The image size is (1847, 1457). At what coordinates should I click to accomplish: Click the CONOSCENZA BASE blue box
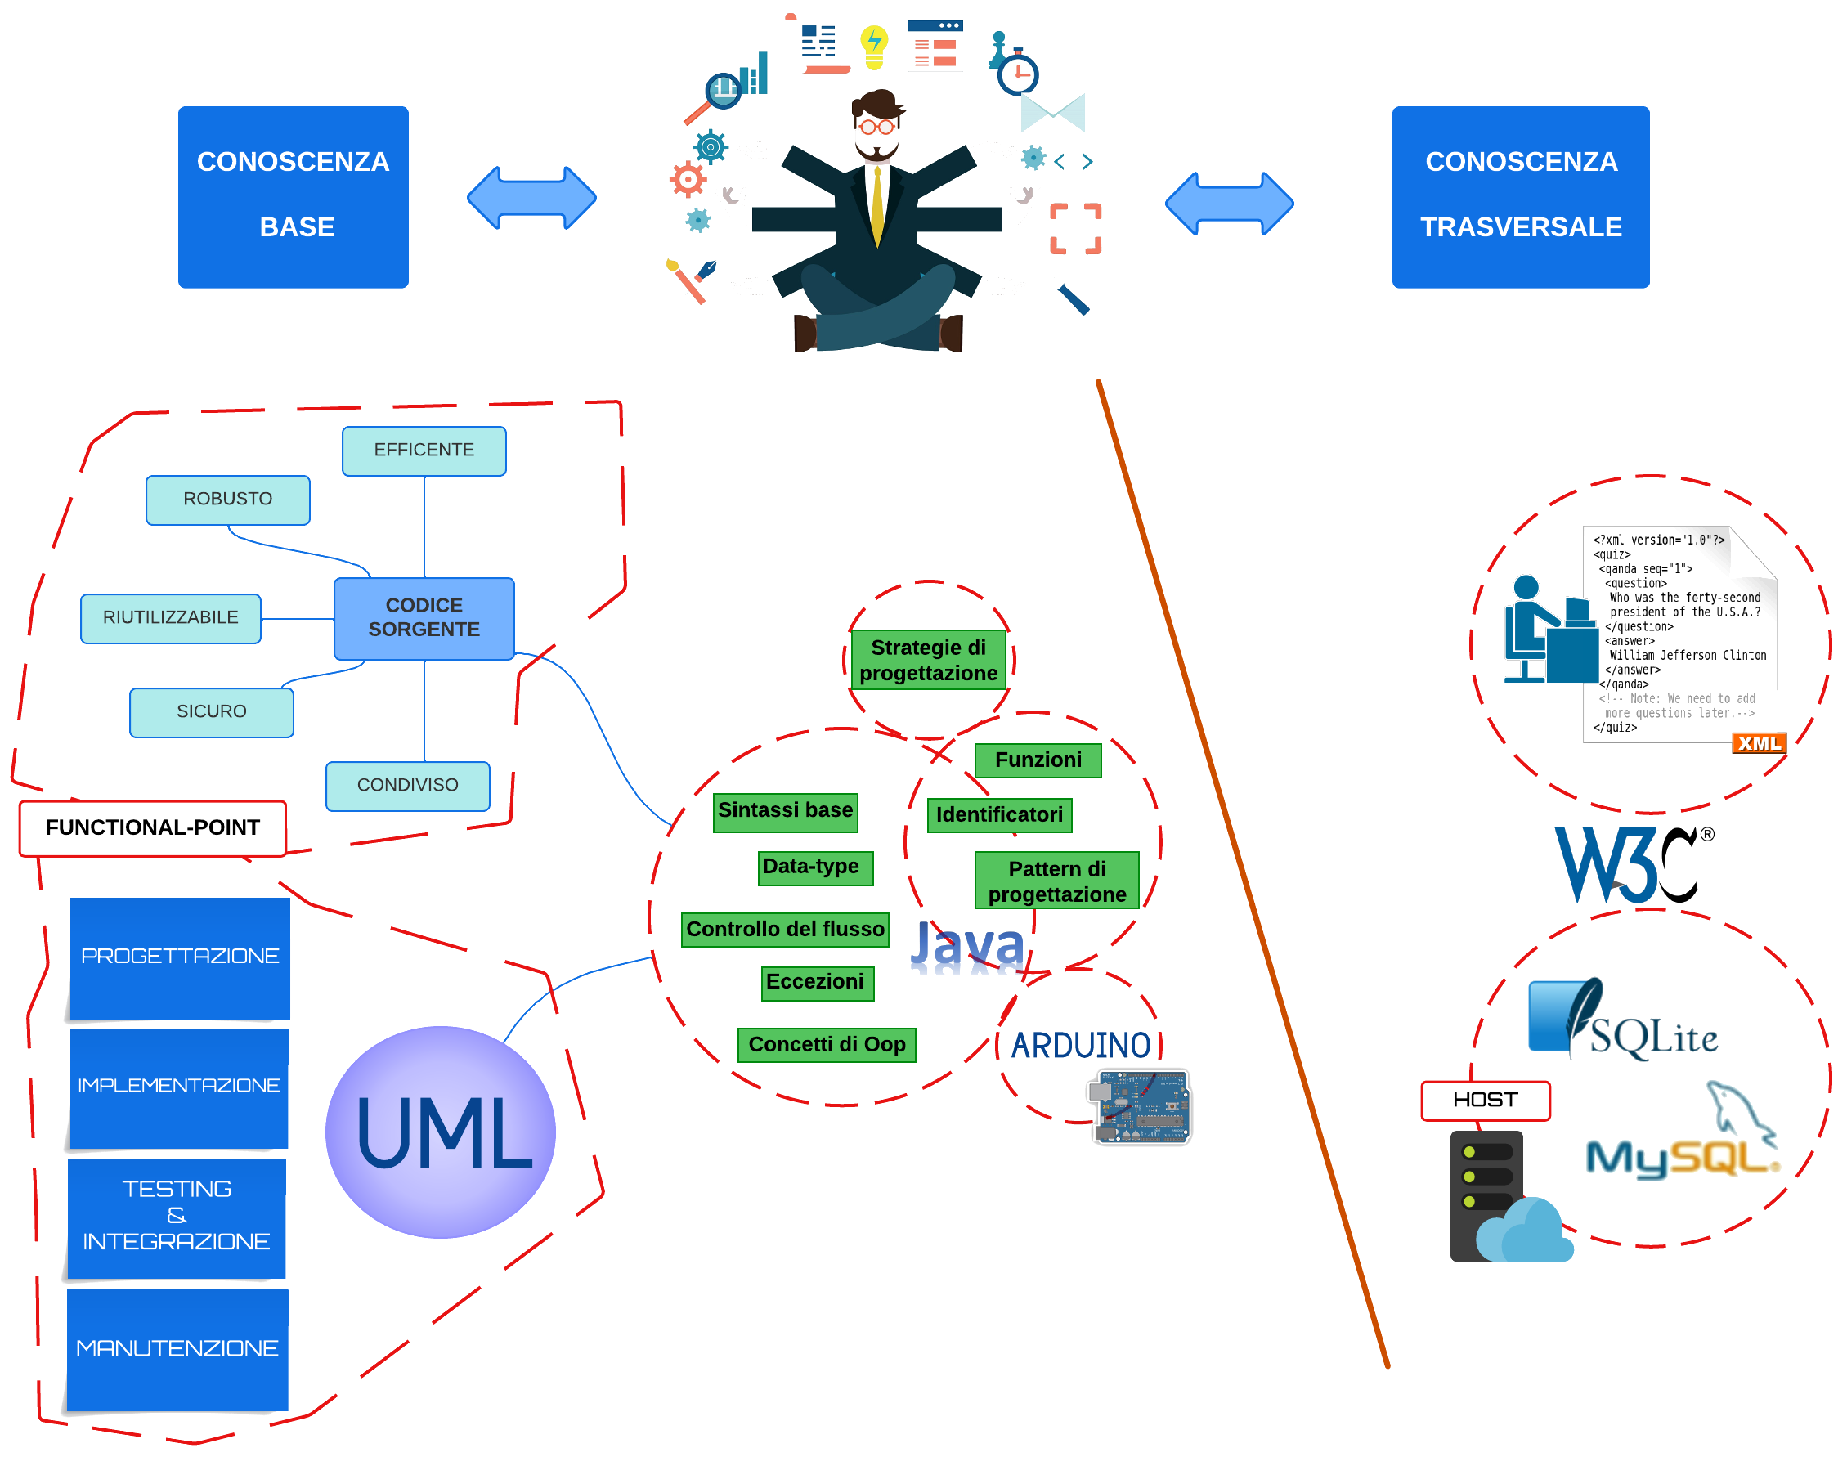click(293, 196)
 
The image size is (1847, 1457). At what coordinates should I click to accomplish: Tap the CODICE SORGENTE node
click(424, 617)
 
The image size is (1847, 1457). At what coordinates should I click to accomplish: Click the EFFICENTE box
click(424, 451)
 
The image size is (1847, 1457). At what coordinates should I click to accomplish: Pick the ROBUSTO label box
click(228, 499)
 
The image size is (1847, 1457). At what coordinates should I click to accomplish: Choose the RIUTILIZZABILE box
click(171, 617)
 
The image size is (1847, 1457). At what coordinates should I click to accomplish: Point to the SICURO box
click(212, 711)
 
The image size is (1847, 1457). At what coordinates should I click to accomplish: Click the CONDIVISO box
click(408, 785)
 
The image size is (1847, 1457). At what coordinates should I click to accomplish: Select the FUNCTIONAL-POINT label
click(153, 827)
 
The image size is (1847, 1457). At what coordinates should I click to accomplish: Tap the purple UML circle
click(441, 1131)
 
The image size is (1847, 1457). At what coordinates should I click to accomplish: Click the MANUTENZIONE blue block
click(177, 1348)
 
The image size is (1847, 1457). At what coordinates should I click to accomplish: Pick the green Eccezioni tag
click(817, 982)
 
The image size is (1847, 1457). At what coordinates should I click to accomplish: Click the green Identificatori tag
click(999, 814)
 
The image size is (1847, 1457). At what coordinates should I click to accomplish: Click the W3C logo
click(1631, 863)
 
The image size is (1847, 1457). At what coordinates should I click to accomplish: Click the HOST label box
click(1485, 1100)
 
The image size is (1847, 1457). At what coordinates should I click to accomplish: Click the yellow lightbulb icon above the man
click(873, 46)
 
